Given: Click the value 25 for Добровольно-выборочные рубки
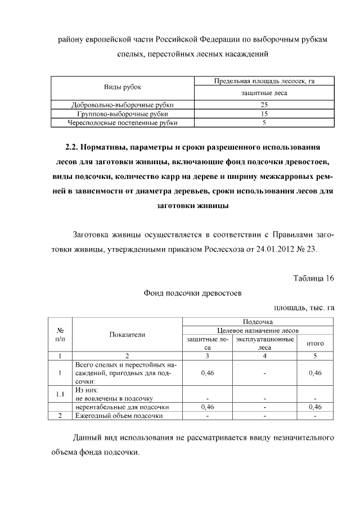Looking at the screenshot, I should click(x=264, y=105).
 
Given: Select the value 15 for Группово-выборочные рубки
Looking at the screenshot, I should click(x=264, y=113).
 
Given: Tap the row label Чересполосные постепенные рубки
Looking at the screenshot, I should click(x=123, y=121).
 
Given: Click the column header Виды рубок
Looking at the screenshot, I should click(x=123, y=87).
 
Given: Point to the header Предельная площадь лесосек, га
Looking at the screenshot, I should click(x=264, y=82).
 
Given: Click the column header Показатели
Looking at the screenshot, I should click(x=127, y=335).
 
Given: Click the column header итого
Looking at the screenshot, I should click(x=315, y=344).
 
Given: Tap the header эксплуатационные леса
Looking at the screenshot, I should click(x=264, y=344).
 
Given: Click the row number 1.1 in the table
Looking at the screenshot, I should click(x=60, y=394).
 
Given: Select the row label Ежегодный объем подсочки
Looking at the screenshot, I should click(x=119, y=416).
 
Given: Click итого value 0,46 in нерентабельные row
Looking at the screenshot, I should click(x=315, y=407).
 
